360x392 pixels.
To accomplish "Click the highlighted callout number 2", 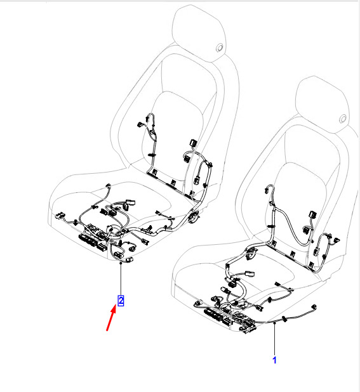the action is coord(121,301).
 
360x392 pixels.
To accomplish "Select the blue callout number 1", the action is coord(274,360).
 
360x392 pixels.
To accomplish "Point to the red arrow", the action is coord(111,318).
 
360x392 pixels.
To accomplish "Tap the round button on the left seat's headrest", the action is coord(220,48).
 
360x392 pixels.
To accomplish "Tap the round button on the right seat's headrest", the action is coord(343,119).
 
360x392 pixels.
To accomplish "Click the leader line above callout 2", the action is coord(121,279).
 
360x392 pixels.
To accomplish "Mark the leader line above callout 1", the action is coord(274,339).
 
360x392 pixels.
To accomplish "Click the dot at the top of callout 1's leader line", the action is coord(274,323).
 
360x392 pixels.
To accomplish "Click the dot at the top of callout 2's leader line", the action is coord(121,263).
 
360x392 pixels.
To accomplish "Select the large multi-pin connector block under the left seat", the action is coord(88,240).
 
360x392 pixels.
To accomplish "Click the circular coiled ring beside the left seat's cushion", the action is coord(194,216).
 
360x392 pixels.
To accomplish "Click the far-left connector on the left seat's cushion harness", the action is coord(60,215).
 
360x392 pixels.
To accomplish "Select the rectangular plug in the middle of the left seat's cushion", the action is coord(130,202).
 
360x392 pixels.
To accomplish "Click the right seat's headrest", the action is coord(323,105).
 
